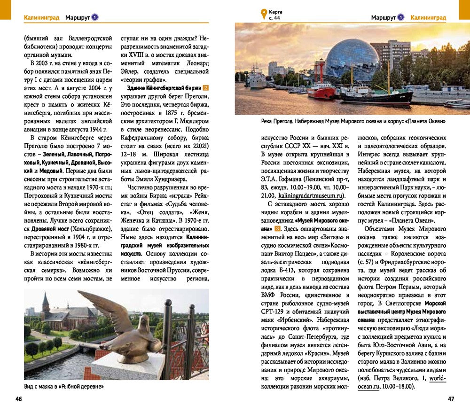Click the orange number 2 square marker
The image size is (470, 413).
point(205,88)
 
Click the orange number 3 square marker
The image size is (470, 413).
point(278,229)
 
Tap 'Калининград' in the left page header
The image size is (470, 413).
point(42,18)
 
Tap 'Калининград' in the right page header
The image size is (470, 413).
point(428,18)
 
